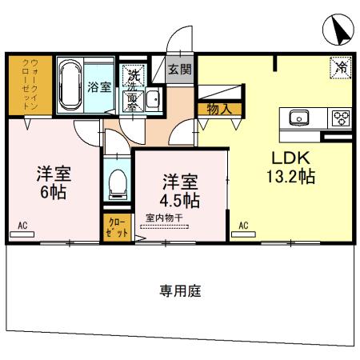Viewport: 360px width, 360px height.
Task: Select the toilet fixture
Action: pos(117,184)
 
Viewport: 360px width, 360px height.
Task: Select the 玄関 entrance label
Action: pos(179,70)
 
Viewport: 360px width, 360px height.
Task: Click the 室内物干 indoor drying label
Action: pos(166,216)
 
